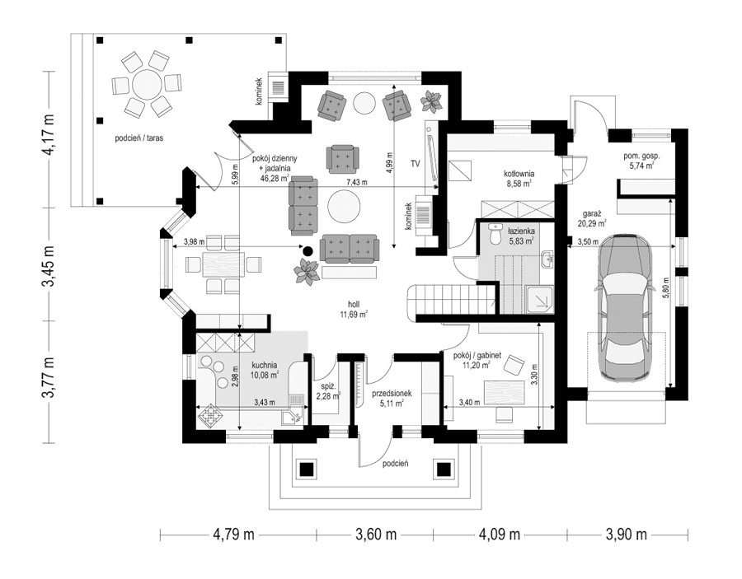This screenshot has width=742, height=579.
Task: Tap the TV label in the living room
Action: pos(416,164)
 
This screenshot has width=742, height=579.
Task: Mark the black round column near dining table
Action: pos(308,250)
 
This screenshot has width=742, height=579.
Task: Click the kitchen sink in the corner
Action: pos(290,417)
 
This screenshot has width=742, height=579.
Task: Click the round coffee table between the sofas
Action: pos(343,206)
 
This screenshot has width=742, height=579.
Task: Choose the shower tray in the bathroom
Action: pos(540,298)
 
